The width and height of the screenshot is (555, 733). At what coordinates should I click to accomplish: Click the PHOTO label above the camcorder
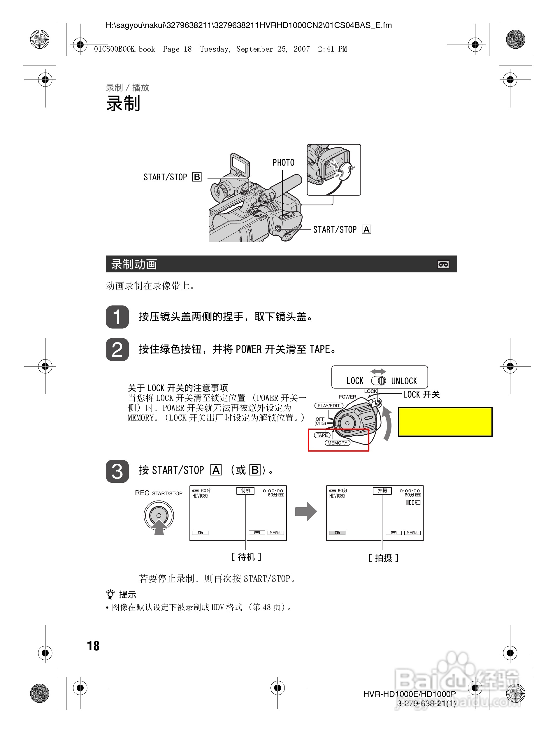tap(283, 163)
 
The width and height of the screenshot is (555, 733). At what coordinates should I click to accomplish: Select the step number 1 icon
tap(117, 317)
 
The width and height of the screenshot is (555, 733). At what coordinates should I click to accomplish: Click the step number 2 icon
tap(117, 350)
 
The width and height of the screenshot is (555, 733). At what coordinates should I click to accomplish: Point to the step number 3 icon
tap(117, 471)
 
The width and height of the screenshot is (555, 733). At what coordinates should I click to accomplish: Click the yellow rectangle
tap(445, 422)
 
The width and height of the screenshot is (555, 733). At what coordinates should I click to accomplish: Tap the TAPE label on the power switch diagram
tap(322, 435)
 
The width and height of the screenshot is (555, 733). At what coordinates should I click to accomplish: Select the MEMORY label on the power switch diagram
tap(337, 443)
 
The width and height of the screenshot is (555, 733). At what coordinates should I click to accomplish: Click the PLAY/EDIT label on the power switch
tap(329, 406)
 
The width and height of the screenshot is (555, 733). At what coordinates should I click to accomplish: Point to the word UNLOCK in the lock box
tap(404, 381)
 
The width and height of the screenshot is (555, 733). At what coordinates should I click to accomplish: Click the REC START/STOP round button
tap(159, 515)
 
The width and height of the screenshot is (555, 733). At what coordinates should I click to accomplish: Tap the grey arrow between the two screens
tap(306, 511)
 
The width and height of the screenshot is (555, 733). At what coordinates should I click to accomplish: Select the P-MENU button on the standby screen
tap(275, 533)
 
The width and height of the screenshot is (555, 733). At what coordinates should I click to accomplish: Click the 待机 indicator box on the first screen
tap(245, 491)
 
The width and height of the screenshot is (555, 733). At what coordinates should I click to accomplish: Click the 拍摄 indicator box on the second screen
tap(382, 491)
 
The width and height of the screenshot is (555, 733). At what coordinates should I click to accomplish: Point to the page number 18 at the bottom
tap(93, 646)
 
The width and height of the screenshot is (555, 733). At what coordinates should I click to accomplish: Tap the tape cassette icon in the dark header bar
tap(443, 264)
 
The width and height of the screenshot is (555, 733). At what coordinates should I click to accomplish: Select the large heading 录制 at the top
tap(123, 103)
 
